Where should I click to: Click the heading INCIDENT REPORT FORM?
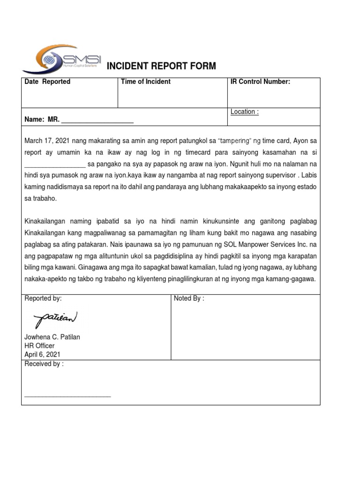tap(162, 66)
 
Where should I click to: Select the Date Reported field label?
tap(47, 82)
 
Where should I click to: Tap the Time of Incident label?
tap(145, 82)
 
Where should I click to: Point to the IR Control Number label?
tap(260, 82)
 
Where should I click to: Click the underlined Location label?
tap(244, 112)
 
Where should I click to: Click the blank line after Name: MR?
tap(97, 120)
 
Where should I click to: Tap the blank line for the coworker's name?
tap(54, 165)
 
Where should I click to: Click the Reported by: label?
tap(43, 299)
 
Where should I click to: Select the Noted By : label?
tap(189, 299)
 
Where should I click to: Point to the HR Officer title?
tap(39, 346)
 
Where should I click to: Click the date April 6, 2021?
tap(42, 354)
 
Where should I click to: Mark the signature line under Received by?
tap(67, 397)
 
